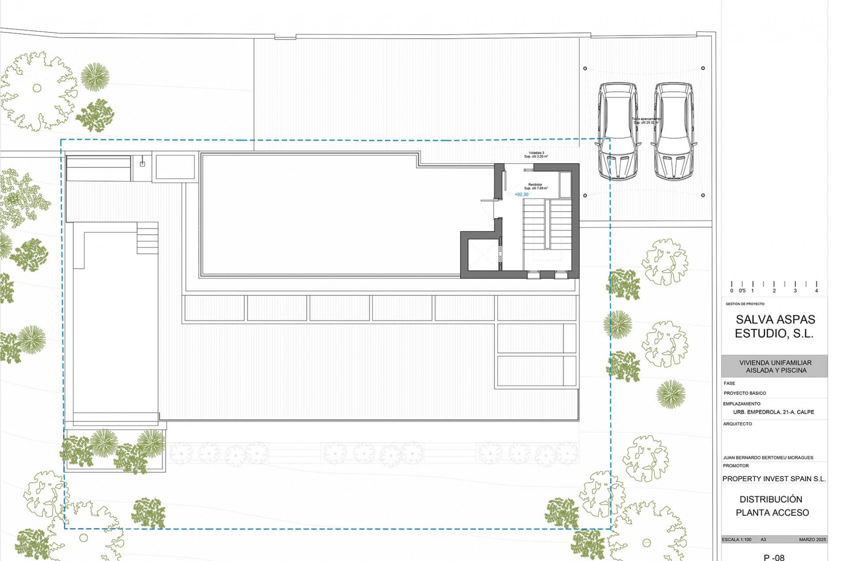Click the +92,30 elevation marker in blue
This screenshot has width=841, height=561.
[521, 195]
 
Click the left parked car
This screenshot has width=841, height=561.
[618, 131]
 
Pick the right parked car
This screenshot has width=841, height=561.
[674, 131]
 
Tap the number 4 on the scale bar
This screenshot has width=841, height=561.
[816, 291]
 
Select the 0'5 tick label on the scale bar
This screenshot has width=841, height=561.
[742, 291]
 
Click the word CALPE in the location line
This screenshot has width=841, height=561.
[806, 412]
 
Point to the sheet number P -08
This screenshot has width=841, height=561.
[774, 557]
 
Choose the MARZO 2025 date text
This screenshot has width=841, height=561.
[813, 540]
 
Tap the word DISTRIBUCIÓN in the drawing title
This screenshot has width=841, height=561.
[771, 499]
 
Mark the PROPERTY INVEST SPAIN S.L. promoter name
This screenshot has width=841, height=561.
[774, 479]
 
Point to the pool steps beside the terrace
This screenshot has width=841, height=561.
[148, 238]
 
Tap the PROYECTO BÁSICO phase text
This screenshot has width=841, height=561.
[745, 393]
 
